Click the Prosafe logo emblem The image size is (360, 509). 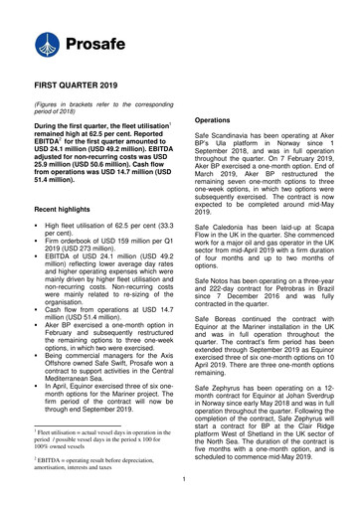tap(44, 46)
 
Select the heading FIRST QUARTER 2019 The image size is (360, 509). tap(87, 87)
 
